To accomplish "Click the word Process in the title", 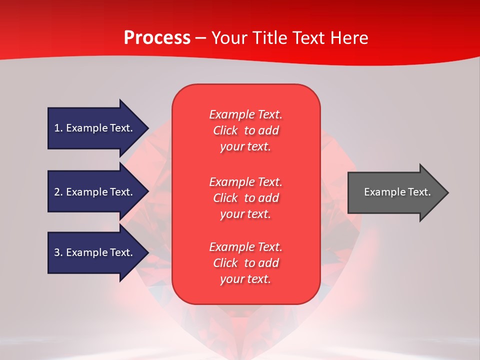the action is (157, 38).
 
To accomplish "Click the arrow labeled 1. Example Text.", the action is (98, 128).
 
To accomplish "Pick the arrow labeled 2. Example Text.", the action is (98, 191).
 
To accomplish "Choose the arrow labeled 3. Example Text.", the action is (98, 252).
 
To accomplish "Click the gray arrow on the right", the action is (398, 192).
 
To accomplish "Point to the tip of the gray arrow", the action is (449, 192).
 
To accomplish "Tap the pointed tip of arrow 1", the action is (149, 128).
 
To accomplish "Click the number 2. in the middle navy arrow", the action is (58, 192).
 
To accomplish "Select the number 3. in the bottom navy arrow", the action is (58, 252).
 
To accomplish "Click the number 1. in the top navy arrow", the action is (58, 128).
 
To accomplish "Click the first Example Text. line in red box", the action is (246, 114).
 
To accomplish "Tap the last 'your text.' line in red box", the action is (245, 279).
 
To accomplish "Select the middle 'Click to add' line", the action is (246, 198).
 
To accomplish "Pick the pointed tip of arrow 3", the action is (149, 253).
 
